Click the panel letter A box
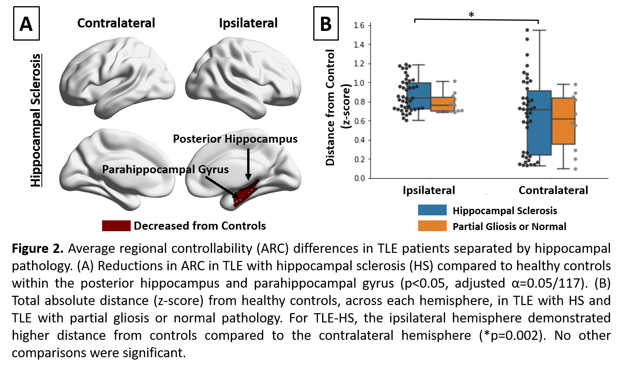26,24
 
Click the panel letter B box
326,24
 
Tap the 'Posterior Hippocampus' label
235,139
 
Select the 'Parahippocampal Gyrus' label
165,169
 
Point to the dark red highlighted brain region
246,192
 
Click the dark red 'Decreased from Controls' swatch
116,226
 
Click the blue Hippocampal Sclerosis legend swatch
432,210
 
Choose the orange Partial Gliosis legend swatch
432,226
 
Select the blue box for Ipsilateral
419,96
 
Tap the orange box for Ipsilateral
442,104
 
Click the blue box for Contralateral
539,123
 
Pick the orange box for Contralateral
563,121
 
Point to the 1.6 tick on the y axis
359,26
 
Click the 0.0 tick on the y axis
359,178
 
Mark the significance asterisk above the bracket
471,15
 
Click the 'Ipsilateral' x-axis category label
429,190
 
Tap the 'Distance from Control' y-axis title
330,107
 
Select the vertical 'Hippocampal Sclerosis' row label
36,120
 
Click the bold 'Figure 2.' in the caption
38,248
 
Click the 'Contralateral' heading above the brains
116,23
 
